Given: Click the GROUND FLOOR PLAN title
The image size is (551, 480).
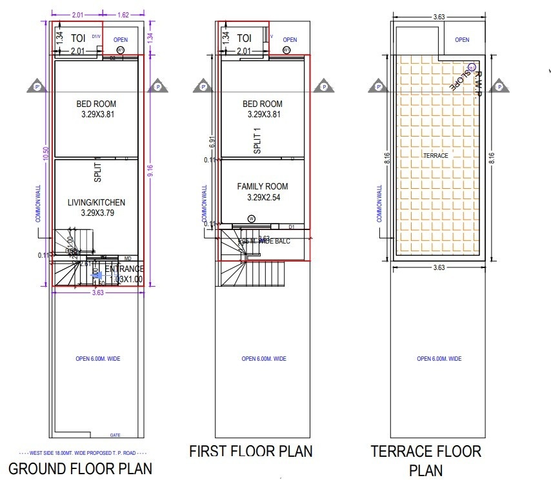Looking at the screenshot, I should coord(80,467).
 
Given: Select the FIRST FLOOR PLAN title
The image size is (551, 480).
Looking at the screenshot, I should coord(250,450).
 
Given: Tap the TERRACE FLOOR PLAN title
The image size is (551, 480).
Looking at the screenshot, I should coord(426,460).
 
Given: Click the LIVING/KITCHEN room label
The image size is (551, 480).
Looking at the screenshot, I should coord(96,202).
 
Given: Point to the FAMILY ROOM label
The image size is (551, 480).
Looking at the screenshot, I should coord(263,187).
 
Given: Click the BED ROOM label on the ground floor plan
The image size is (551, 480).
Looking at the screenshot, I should coord(96,103).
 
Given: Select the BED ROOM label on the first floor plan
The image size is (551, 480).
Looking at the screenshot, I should coord(263,104).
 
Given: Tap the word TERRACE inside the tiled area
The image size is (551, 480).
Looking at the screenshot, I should coord(436,155).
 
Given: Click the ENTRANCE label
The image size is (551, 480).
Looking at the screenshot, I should coord(124,269).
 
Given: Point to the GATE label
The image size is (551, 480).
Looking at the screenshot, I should coord(115,435).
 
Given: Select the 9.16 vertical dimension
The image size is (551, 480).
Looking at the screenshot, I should coord(150,171).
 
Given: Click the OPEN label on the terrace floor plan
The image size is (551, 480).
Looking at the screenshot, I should coord(462,40).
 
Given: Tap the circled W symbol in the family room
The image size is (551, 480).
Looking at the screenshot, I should coord(251,219).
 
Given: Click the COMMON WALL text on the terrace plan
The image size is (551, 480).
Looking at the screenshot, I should coord(379,204).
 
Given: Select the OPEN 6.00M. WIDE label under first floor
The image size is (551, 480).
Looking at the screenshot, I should coord(263,359).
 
